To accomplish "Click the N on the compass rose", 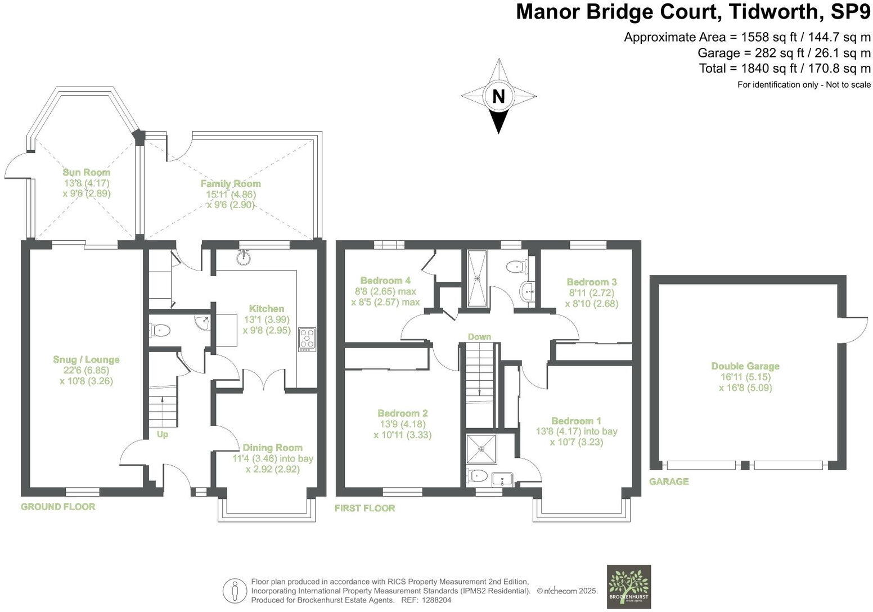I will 498,96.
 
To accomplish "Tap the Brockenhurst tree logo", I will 629,586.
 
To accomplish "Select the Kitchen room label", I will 267,308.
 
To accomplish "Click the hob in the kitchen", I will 307,339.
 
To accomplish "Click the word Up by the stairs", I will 162,434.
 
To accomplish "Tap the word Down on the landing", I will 479,336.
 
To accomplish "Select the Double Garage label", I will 745,366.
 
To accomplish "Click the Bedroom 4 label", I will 385,280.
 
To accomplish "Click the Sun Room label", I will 87,172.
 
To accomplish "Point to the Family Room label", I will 231,183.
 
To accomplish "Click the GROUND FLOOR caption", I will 58,506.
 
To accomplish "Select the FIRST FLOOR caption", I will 364,508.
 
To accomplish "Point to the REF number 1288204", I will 436,600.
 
